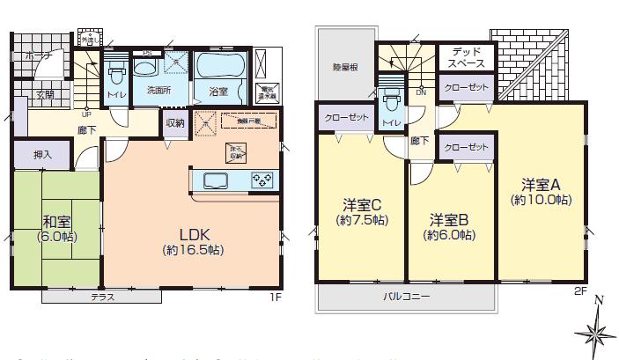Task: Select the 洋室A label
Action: [x=541, y=185]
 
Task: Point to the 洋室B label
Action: [x=450, y=219]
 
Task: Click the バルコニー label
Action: [x=406, y=298]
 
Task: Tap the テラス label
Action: [x=103, y=298]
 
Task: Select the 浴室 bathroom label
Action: [x=217, y=90]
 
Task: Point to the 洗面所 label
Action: [x=158, y=90]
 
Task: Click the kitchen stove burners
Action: [x=262, y=180]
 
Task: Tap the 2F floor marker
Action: [x=579, y=290]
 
